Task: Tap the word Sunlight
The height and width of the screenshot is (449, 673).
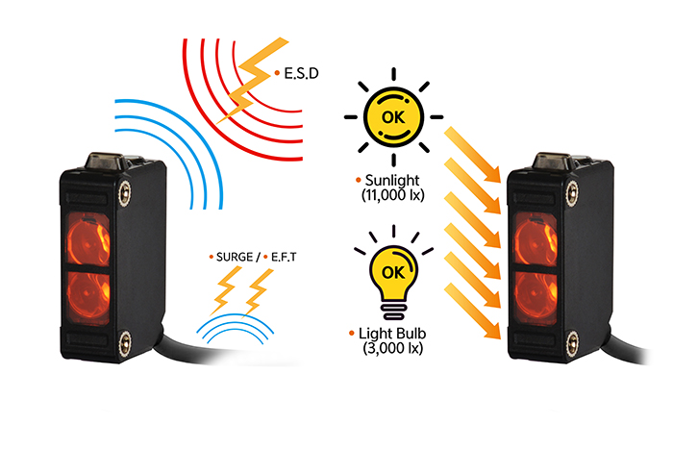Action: [393, 180]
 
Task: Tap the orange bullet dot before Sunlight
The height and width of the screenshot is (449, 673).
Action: [357, 180]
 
